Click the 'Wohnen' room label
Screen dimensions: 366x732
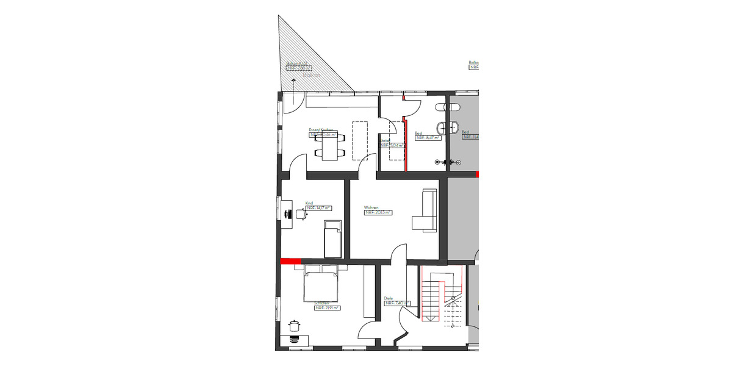371,207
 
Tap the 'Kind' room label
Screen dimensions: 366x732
309,203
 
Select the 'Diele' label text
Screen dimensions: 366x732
389,298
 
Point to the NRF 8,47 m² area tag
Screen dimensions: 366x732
429,138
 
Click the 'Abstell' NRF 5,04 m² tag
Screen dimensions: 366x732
392,146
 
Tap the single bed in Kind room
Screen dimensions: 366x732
332,240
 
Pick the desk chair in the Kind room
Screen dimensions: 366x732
301,213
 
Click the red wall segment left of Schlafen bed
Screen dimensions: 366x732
291,261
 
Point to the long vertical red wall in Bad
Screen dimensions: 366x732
406,137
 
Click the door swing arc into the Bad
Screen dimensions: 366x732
413,107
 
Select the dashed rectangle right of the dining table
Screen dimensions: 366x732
361,139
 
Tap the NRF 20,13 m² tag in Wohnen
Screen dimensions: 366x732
378,213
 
